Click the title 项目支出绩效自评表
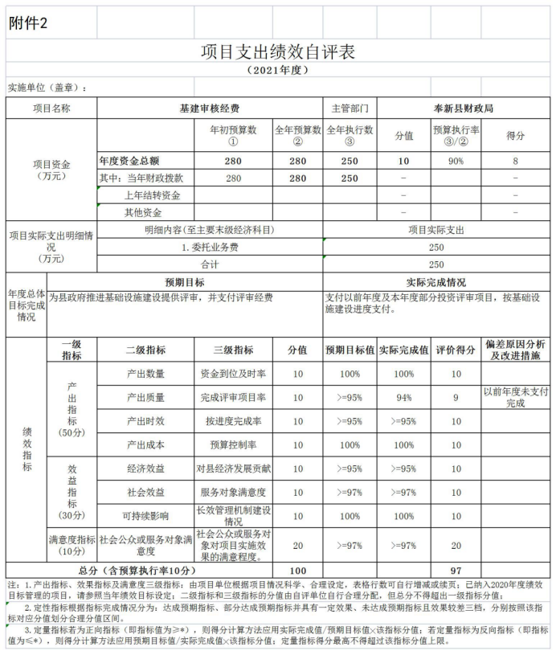(x=277, y=51)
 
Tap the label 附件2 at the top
(x=28, y=23)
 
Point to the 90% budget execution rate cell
(x=456, y=160)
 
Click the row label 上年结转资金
(x=152, y=195)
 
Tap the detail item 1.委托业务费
(x=210, y=247)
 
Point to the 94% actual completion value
(x=404, y=397)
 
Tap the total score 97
(x=456, y=569)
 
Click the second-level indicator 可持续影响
(x=145, y=516)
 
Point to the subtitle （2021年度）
(x=277, y=71)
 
